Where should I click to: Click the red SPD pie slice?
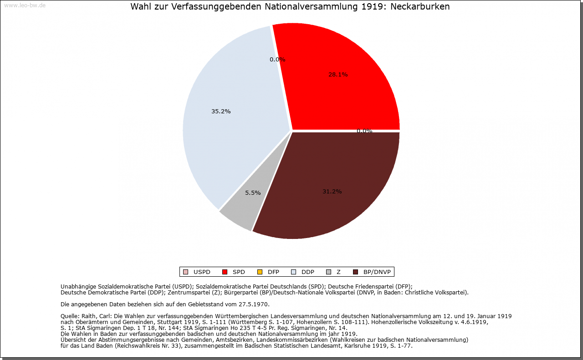point(346,91)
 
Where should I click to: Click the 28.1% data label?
point(338,75)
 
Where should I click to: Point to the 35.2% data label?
point(221,112)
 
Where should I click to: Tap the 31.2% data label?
point(332,192)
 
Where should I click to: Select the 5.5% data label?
point(253,193)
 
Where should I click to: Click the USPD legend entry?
point(197,272)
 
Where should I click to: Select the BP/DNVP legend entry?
point(373,272)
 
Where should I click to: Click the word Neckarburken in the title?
point(420,7)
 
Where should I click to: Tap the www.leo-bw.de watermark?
point(24,5)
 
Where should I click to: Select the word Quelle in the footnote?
point(69,316)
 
